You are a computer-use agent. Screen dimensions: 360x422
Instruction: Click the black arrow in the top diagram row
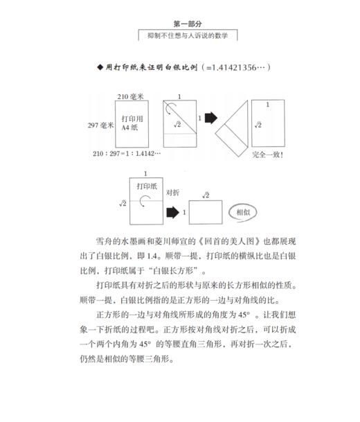click(208, 118)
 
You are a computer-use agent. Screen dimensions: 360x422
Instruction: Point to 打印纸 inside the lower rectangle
click(145, 186)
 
